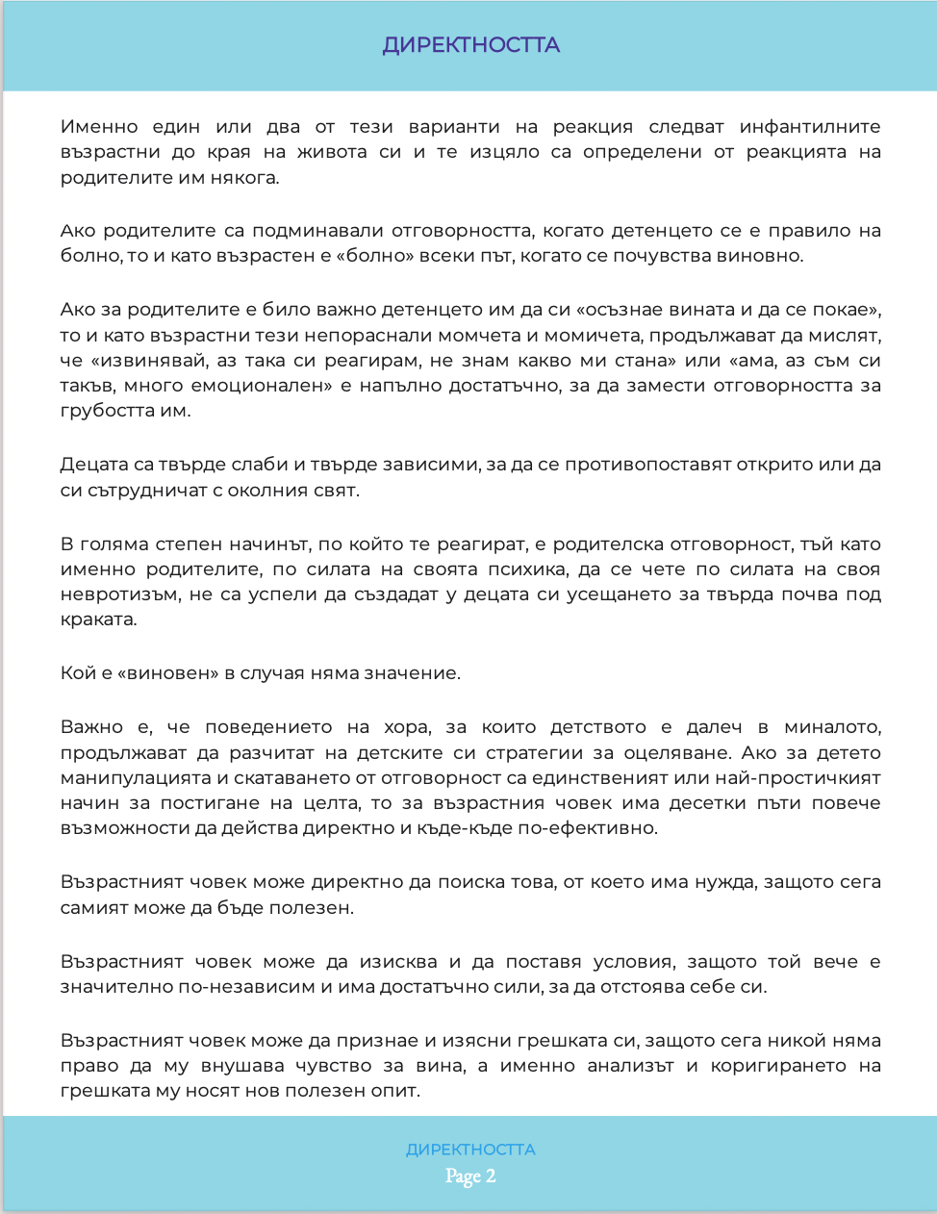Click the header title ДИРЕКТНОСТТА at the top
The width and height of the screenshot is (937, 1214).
point(470,45)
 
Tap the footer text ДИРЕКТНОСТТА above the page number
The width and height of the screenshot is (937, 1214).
point(470,1150)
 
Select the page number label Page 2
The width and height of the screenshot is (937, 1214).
point(470,1176)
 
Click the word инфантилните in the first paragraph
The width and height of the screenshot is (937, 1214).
point(810,127)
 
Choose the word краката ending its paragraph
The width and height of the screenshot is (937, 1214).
point(97,620)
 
